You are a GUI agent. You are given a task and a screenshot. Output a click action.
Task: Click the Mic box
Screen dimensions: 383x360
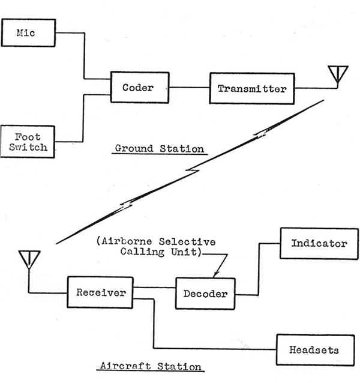28,32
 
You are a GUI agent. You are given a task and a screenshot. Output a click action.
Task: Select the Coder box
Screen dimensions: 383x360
138,88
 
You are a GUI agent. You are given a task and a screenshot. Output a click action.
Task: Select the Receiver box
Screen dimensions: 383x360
100,292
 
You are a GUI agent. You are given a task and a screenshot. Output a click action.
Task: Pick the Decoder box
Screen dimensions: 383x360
205,294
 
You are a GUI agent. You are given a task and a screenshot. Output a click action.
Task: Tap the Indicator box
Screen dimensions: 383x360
319,243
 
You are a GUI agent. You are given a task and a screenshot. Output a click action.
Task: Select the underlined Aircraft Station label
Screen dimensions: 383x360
149,365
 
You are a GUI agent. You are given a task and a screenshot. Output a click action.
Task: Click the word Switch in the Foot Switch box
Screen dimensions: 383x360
28,147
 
